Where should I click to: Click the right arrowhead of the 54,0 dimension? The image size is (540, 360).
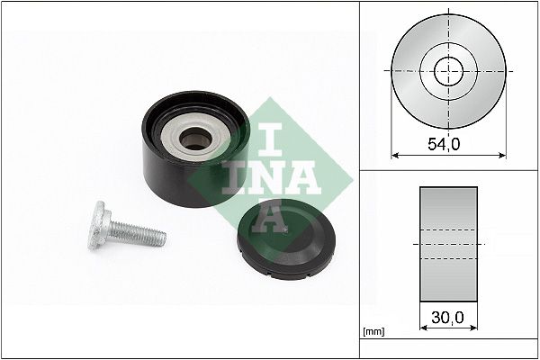coord(502,154)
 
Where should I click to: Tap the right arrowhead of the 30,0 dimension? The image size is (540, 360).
coord(474,327)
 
